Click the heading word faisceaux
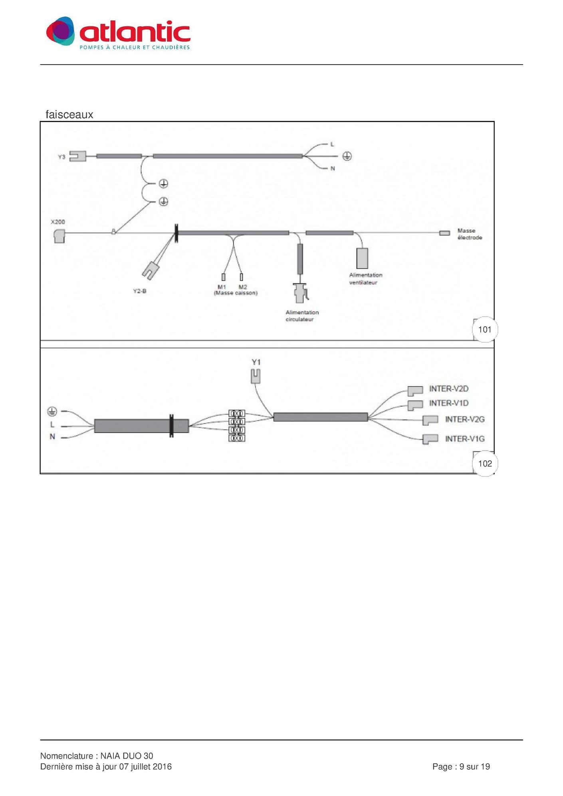point(69,115)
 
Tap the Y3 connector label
point(61,157)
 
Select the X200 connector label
point(58,222)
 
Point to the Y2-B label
point(139,291)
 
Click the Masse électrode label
point(470,234)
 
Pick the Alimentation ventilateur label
point(365,279)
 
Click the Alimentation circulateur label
point(302,316)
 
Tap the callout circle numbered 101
point(485,329)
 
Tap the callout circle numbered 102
point(485,463)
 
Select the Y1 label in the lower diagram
point(256,362)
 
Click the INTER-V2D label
point(449,389)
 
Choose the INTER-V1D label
point(449,403)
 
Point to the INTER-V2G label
point(465,419)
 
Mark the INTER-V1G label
point(465,439)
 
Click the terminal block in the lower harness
point(237,426)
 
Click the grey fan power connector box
point(362,258)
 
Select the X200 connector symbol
point(59,236)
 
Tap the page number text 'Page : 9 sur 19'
point(461,766)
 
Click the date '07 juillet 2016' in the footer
point(145,766)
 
